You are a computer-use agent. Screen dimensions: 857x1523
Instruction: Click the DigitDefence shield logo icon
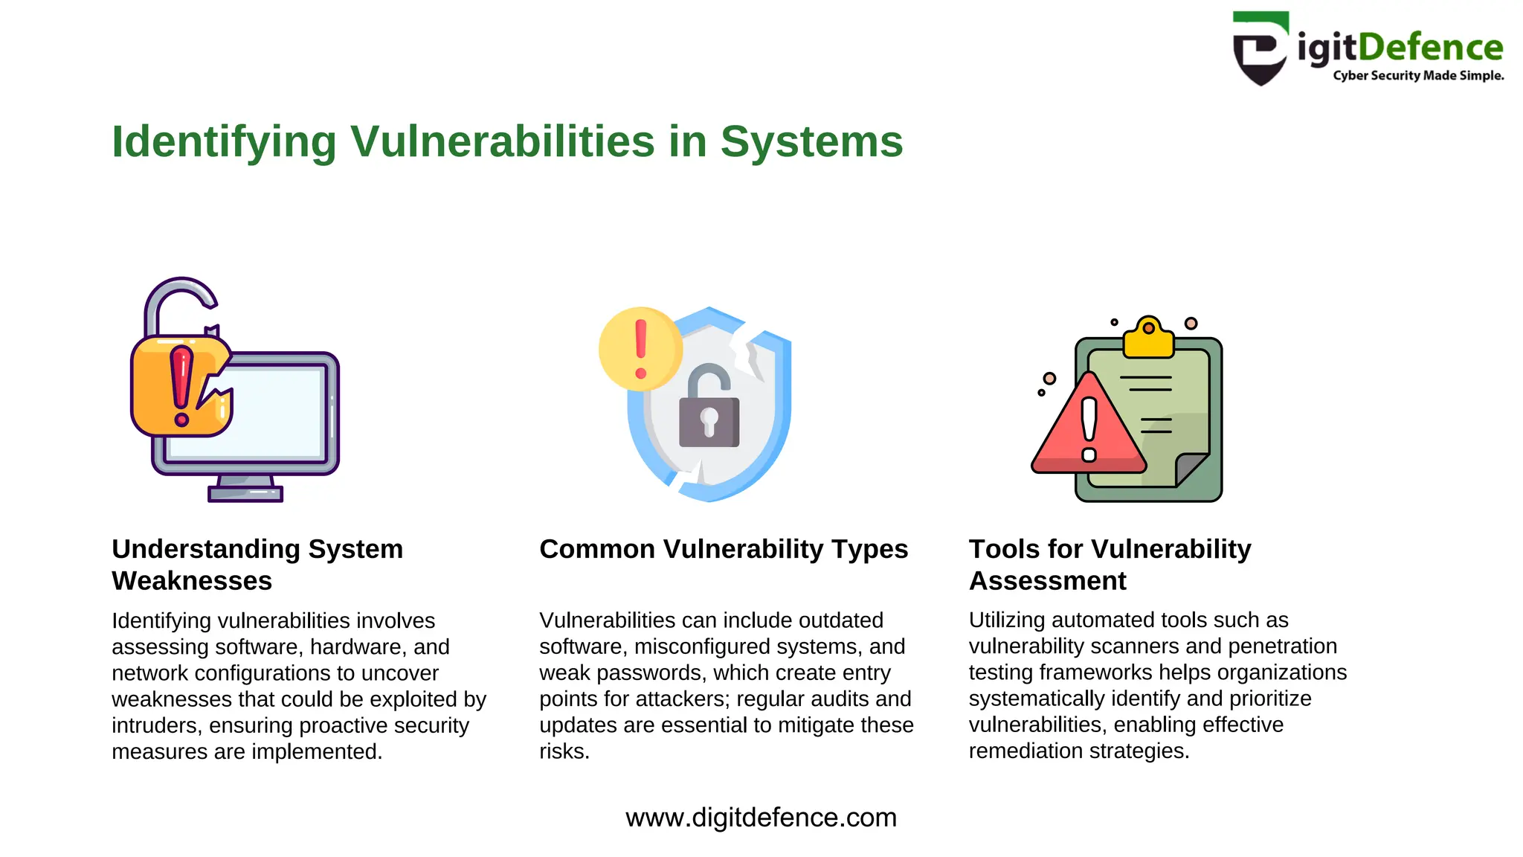[x=1260, y=49]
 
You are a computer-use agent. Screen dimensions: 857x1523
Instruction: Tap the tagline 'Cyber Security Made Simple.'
[x=1418, y=76]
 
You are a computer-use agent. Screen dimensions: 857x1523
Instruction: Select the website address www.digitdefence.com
[x=761, y=818]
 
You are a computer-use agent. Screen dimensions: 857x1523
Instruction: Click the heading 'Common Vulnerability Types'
[x=724, y=549]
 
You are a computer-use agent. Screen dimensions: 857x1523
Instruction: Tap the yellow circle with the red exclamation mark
[x=640, y=349]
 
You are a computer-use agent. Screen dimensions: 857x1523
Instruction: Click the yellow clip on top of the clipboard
[x=1148, y=338]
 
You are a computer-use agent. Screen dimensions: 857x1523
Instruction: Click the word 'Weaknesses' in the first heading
[x=192, y=581]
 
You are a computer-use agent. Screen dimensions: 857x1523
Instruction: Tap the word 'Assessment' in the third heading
[x=1047, y=581]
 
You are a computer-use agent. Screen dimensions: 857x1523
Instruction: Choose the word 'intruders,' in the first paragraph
[x=157, y=725]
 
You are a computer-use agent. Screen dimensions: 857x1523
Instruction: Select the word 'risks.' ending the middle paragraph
[x=564, y=751]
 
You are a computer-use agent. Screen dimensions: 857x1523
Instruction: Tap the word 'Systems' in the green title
[x=811, y=141]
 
